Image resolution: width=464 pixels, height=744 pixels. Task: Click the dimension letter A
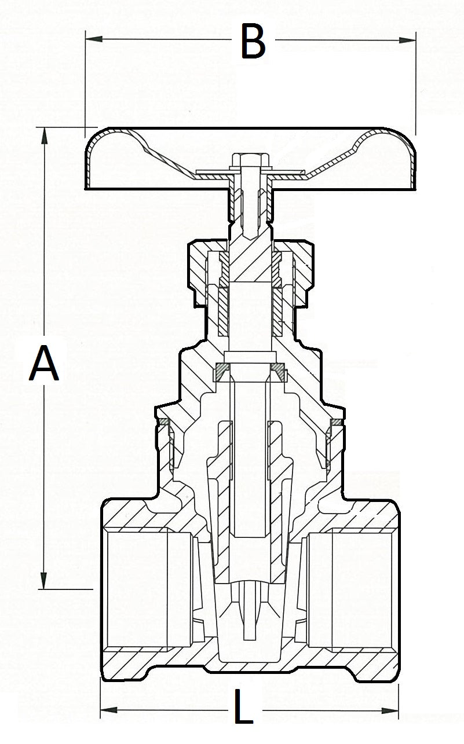click(44, 363)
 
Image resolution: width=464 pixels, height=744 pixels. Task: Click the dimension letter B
click(253, 42)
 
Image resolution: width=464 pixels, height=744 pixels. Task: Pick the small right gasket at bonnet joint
click(336, 422)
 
